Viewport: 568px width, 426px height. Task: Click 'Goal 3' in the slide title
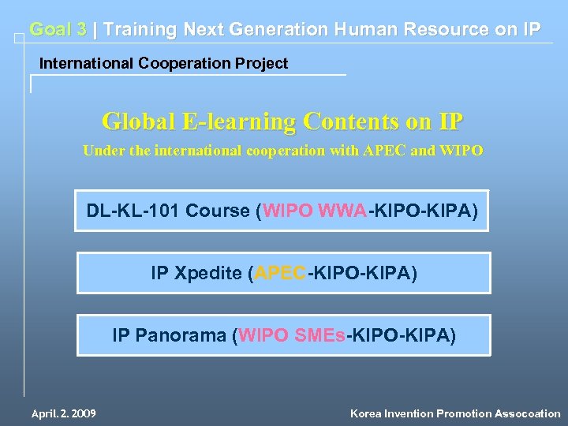click(x=58, y=30)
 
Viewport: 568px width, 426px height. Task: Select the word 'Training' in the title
click(x=140, y=30)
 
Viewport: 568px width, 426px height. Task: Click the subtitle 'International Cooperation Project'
click(x=164, y=63)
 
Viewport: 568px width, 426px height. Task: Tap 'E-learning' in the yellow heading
click(x=240, y=121)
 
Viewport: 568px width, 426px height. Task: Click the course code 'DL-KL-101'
click(x=131, y=211)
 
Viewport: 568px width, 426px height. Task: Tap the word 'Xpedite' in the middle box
click(x=207, y=274)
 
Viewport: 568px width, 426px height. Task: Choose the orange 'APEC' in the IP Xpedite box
click(x=280, y=274)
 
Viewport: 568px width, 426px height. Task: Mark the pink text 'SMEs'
click(x=319, y=335)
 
